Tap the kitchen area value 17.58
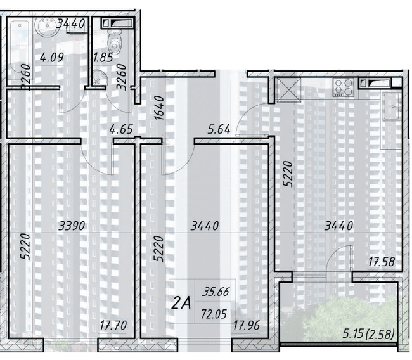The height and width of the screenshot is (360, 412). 383,260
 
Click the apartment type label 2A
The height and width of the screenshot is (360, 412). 183,304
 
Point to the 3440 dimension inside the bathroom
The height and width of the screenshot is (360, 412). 70,24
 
